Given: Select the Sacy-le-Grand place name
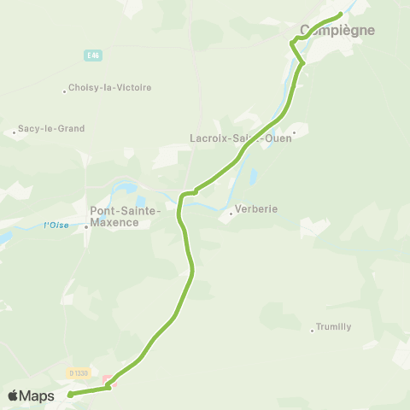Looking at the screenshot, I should click(53, 129).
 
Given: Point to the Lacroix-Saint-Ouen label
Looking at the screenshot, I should click(240, 138).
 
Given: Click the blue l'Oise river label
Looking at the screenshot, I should click(56, 225).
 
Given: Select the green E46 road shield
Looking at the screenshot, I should click(93, 56).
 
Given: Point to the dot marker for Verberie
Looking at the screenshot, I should click(231, 214).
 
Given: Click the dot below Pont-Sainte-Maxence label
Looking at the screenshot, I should click(86, 227).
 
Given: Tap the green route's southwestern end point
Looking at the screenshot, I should click(70, 395).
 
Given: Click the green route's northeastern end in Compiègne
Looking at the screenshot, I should click(341, 14).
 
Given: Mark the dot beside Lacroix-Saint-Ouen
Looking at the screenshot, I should click(295, 132).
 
